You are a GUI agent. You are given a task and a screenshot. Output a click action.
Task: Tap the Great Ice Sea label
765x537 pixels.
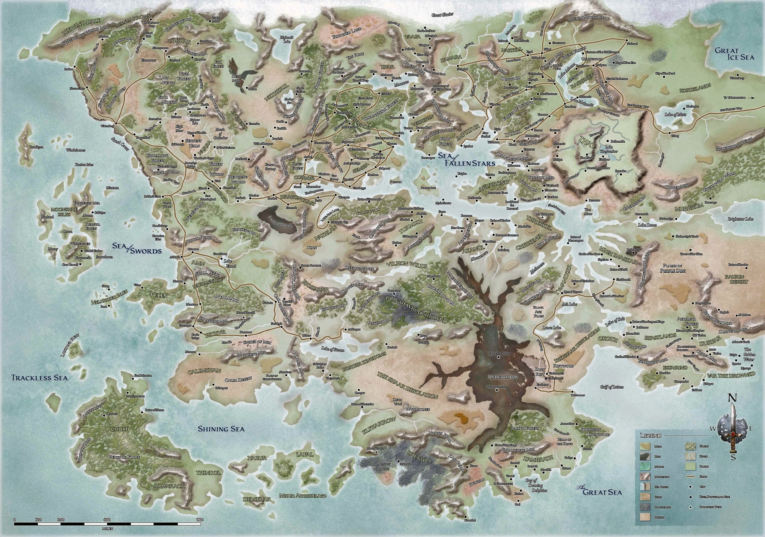click(729, 54)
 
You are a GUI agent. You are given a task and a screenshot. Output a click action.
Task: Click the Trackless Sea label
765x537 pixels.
click(39, 378)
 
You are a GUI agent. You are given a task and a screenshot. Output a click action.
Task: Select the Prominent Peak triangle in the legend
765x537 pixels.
click(690, 507)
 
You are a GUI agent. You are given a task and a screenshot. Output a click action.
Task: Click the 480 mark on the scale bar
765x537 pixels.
click(107, 519)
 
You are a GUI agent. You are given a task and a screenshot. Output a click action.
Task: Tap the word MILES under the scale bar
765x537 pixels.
click(107, 529)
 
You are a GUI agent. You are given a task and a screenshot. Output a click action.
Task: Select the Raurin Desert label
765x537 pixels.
click(736, 279)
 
